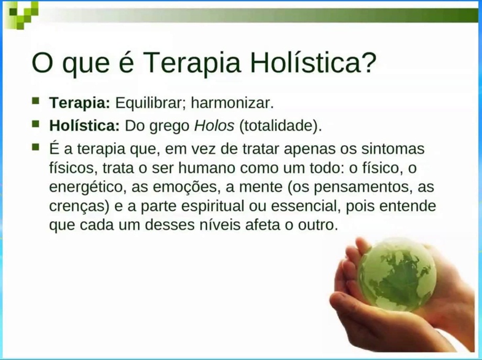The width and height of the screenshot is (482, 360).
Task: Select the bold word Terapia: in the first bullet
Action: tap(79, 103)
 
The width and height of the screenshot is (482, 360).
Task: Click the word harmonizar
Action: tap(232, 103)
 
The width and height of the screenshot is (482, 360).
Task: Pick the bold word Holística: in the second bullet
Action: tap(84, 125)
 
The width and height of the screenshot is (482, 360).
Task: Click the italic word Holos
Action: tap(214, 125)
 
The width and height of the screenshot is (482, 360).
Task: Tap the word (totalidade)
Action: tap(280, 126)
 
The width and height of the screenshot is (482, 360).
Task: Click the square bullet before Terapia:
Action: tap(36, 101)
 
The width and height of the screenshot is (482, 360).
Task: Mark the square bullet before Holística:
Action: tap(36, 124)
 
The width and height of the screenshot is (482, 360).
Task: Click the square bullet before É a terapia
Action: tap(36, 147)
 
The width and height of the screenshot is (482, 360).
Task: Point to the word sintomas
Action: tap(392, 149)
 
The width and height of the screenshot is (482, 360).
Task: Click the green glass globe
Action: tap(397, 275)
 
